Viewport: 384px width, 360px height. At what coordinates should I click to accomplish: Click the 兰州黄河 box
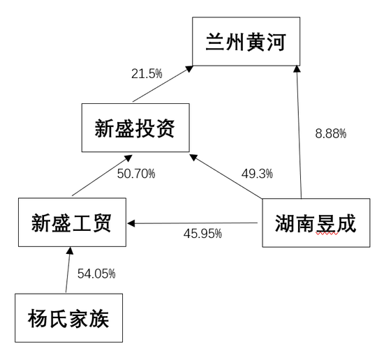click(x=246, y=41)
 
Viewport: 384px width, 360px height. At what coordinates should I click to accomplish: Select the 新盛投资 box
click(x=135, y=128)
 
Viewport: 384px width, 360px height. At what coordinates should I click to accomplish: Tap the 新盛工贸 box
click(x=72, y=223)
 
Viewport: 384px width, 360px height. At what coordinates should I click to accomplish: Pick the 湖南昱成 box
click(x=316, y=223)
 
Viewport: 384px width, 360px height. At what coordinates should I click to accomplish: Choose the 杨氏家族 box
click(x=69, y=318)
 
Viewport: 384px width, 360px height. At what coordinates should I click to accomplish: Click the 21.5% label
click(x=147, y=74)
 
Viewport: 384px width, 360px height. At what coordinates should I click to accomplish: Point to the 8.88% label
click(x=331, y=134)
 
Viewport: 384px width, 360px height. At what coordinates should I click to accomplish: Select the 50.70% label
click(x=136, y=174)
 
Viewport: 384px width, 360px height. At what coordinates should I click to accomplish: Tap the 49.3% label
click(x=257, y=174)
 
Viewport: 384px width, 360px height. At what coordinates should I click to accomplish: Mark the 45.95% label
click(x=202, y=234)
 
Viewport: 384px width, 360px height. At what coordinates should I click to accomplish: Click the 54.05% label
click(x=96, y=273)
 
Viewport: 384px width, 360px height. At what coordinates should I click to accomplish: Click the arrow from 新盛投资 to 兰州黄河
click(x=163, y=84)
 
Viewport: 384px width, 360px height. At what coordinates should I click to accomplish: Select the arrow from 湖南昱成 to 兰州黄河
click(x=299, y=132)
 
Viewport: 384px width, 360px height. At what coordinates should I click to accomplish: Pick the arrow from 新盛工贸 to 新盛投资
click(x=102, y=176)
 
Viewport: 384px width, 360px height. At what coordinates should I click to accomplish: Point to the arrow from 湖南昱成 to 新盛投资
click(x=226, y=177)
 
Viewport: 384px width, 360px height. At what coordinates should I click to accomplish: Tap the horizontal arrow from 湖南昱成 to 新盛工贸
click(x=192, y=223)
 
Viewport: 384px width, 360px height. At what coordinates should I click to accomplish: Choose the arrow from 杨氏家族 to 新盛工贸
click(x=68, y=270)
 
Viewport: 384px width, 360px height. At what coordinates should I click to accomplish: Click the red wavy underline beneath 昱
click(x=327, y=233)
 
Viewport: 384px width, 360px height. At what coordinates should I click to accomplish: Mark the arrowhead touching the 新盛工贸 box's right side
click(x=131, y=223)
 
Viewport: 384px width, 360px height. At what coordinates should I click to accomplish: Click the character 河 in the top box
click(x=276, y=42)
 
